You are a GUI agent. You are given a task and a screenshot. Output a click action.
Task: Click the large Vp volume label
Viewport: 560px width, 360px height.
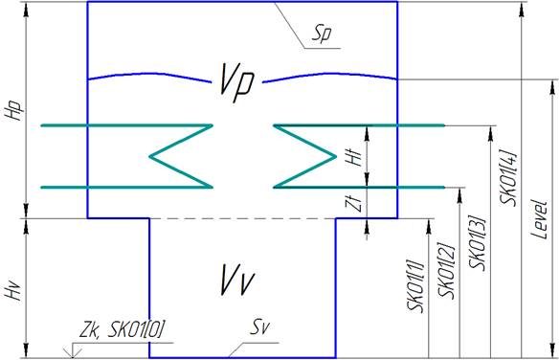[x=236, y=83]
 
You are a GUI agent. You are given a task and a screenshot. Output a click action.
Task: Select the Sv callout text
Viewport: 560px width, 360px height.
[x=258, y=328]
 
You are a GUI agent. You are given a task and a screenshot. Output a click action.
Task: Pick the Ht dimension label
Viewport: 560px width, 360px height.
[x=352, y=157]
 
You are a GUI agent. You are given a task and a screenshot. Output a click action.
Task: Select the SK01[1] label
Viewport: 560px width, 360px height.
[x=416, y=288]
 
